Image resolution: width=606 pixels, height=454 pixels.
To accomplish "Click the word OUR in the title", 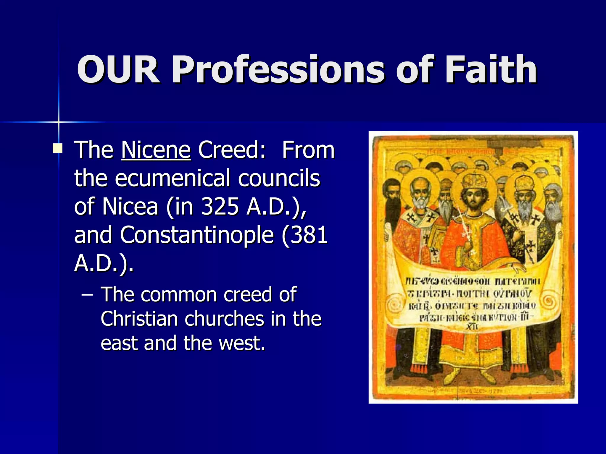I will coord(118,70).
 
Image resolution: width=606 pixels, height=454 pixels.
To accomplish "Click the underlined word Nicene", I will coord(156,150).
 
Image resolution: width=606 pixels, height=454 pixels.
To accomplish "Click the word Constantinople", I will coord(196,235).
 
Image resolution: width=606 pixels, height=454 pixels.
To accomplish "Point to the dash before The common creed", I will coord(87,294).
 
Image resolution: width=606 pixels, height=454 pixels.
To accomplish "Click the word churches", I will coord(224,319).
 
